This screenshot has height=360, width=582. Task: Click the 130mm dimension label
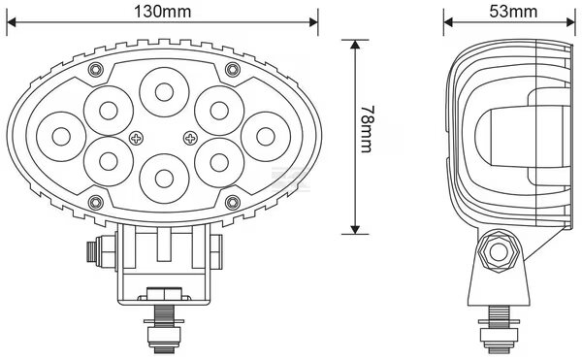[x=162, y=11]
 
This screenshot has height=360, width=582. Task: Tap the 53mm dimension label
[x=513, y=11]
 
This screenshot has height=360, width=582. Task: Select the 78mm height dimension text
[x=368, y=129]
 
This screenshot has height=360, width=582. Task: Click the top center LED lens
[x=164, y=92]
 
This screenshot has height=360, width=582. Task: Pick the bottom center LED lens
[x=164, y=179]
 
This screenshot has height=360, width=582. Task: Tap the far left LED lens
[x=61, y=137]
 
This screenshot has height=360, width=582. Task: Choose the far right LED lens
[x=266, y=137]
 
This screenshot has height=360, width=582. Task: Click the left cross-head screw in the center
[x=136, y=139]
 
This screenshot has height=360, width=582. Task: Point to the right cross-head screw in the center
[x=190, y=139]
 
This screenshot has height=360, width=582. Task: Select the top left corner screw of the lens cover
[x=96, y=70]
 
